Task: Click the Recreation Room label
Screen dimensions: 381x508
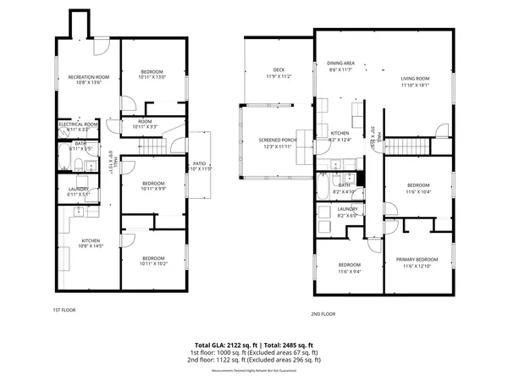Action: click(x=89, y=77)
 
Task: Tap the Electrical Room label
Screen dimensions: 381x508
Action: click(x=78, y=124)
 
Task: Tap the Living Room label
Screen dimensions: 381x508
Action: click(x=415, y=78)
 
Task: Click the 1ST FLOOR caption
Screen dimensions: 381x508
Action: click(x=64, y=310)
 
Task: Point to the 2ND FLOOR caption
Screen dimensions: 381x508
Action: click(x=323, y=313)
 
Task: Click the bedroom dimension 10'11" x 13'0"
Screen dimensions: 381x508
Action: click(x=152, y=77)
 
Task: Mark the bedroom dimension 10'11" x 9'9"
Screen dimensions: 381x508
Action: click(x=152, y=189)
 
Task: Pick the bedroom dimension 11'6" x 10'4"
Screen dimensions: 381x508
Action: click(x=418, y=191)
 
